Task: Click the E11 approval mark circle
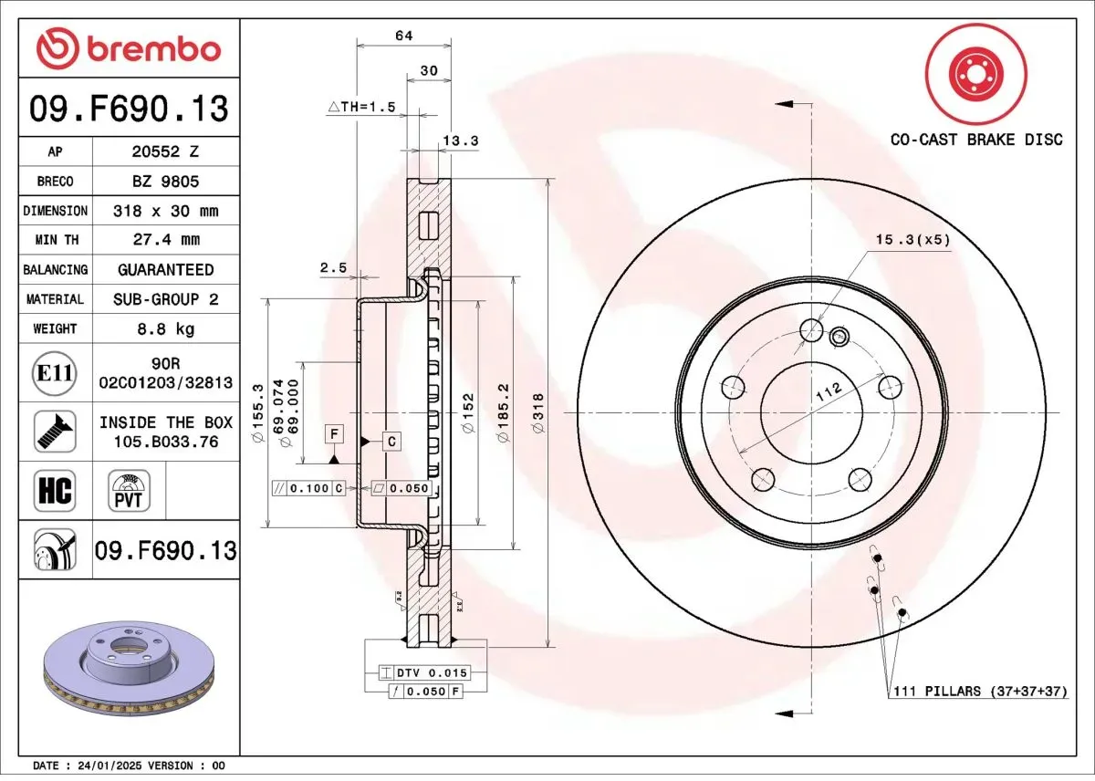coord(55,372)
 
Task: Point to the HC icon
coord(55,492)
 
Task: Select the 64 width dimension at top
coord(403,36)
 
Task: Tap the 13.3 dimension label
coord(460,141)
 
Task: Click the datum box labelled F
coord(335,433)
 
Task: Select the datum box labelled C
coord(391,442)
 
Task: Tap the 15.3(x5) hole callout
coord(912,240)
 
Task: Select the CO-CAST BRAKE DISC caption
coord(976,140)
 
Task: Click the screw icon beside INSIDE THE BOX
coord(55,432)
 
